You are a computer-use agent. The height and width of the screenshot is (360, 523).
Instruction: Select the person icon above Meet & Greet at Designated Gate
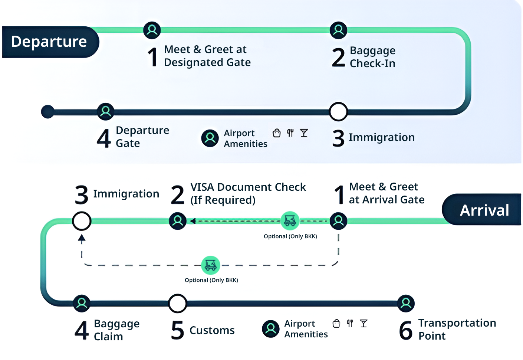point(152,30)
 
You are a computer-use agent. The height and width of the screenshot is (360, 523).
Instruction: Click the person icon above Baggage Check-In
point(338,30)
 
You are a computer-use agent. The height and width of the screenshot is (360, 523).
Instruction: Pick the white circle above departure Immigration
point(338,111)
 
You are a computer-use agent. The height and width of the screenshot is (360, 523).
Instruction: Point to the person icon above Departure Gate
point(106,111)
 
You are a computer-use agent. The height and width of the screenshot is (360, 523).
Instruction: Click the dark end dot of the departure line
point(48,112)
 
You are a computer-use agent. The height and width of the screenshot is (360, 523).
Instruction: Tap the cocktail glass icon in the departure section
point(304,133)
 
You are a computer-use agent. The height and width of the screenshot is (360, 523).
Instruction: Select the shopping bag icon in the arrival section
point(336,323)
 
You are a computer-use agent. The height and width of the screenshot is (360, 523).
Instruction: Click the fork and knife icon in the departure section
point(290,133)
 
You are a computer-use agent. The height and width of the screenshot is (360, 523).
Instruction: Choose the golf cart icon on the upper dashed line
point(290,221)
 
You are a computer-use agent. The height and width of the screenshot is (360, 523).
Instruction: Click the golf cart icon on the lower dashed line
point(211,265)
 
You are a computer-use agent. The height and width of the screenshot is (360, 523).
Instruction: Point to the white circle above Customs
point(177,303)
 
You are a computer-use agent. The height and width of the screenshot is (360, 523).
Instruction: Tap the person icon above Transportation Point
point(406,303)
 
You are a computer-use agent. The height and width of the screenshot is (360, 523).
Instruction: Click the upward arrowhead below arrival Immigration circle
point(82,238)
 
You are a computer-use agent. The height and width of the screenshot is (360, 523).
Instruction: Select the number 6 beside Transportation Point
point(405,330)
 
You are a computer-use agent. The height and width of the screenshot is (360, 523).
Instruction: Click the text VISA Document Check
point(248,187)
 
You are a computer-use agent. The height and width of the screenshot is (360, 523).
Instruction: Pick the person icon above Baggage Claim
point(82,303)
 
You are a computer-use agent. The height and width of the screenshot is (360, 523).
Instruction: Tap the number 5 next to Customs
point(177,330)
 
